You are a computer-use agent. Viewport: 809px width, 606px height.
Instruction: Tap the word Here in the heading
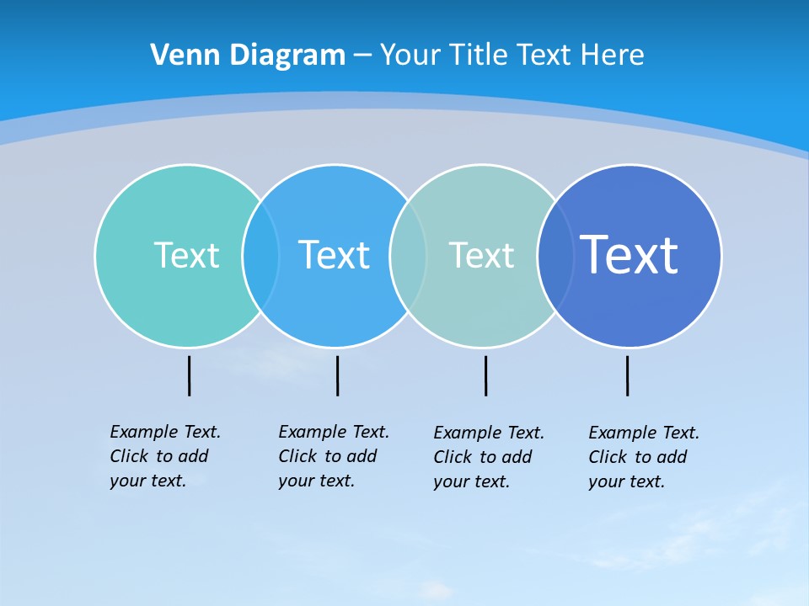click(x=613, y=55)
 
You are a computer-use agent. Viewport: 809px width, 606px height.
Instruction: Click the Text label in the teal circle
click(x=186, y=255)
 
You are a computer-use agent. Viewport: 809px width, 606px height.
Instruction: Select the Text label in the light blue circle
click(x=334, y=255)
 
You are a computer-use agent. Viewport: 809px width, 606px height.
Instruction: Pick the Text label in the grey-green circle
click(x=481, y=255)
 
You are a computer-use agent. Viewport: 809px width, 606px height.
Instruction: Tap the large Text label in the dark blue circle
click(x=629, y=254)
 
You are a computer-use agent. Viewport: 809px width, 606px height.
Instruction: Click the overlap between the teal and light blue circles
click(x=260, y=255)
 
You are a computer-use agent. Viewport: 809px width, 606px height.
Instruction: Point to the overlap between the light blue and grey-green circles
click(x=408, y=255)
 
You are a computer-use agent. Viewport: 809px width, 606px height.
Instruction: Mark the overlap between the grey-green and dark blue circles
click(x=555, y=255)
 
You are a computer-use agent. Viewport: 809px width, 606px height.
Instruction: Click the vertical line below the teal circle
click(x=189, y=375)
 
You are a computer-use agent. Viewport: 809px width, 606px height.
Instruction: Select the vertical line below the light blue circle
click(x=337, y=375)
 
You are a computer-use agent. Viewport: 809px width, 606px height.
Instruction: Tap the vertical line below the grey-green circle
click(x=485, y=375)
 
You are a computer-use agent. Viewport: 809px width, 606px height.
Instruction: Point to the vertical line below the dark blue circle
click(x=627, y=375)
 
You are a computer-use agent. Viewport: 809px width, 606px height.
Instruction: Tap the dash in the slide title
click(x=362, y=56)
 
